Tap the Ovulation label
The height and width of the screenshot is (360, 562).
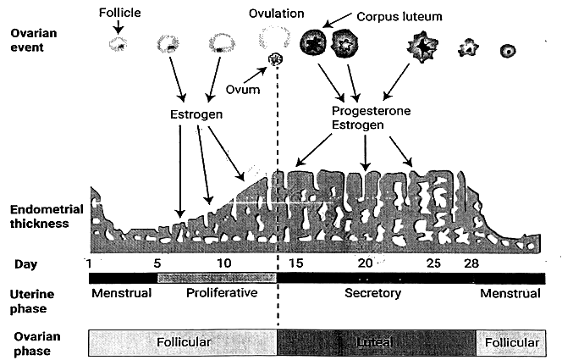point(276,14)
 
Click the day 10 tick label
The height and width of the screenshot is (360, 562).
point(223,263)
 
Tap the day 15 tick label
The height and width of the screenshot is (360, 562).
point(295,263)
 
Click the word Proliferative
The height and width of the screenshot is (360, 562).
point(220,294)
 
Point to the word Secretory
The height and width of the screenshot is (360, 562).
point(372,294)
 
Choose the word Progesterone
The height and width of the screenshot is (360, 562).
point(371,111)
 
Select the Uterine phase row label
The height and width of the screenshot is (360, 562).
point(34,300)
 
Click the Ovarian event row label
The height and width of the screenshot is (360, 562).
point(34,40)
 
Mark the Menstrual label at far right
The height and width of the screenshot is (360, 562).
point(510,294)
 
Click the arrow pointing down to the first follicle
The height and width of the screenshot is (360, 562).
point(118,28)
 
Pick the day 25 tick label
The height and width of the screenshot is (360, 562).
point(433,263)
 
